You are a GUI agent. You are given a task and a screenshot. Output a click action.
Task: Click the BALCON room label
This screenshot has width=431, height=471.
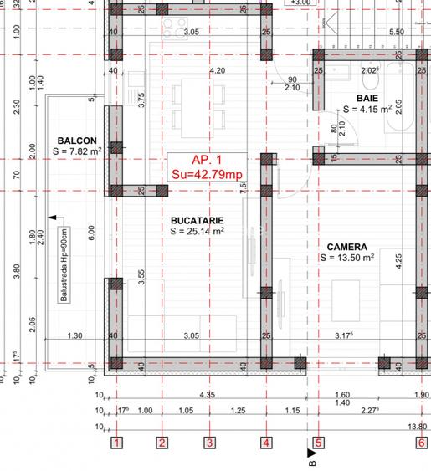pyautogui.click(x=77, y=140)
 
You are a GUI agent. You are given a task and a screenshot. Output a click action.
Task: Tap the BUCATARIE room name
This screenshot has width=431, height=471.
pyautogui.click(x=197, y=219)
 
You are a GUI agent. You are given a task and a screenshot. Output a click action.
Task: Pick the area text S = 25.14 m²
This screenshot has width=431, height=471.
pyautogui.click(x=197, y=231)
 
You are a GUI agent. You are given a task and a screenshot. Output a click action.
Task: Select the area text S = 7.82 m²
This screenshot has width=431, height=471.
pyautogui.click(x=77, y=151)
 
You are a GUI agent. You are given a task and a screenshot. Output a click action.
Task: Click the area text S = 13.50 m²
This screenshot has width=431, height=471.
pyautogui.click(x=346, y=259)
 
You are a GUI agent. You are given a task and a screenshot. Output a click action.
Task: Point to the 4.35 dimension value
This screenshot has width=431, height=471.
pyautogui.click(x=207, y=393)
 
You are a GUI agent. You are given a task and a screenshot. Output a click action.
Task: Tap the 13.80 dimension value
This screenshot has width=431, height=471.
pyautogui.click(x=416, y=427)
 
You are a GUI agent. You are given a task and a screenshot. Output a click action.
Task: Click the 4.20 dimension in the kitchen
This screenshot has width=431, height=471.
pyautogui.click(x=217, y=70)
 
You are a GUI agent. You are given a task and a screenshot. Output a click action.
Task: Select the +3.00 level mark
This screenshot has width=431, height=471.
pyautogui.click(x=300, y=3)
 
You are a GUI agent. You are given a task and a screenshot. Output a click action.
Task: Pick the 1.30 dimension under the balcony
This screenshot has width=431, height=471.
pyautogui.click(x=74, y=336)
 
